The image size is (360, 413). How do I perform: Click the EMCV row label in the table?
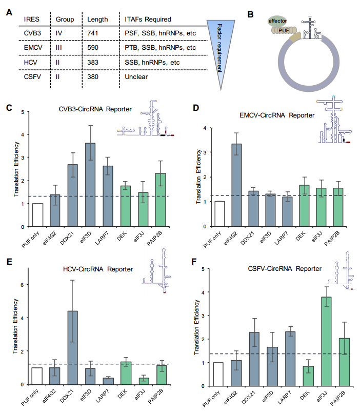coord(34,48)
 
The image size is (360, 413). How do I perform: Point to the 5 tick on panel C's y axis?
coord(22,112)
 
